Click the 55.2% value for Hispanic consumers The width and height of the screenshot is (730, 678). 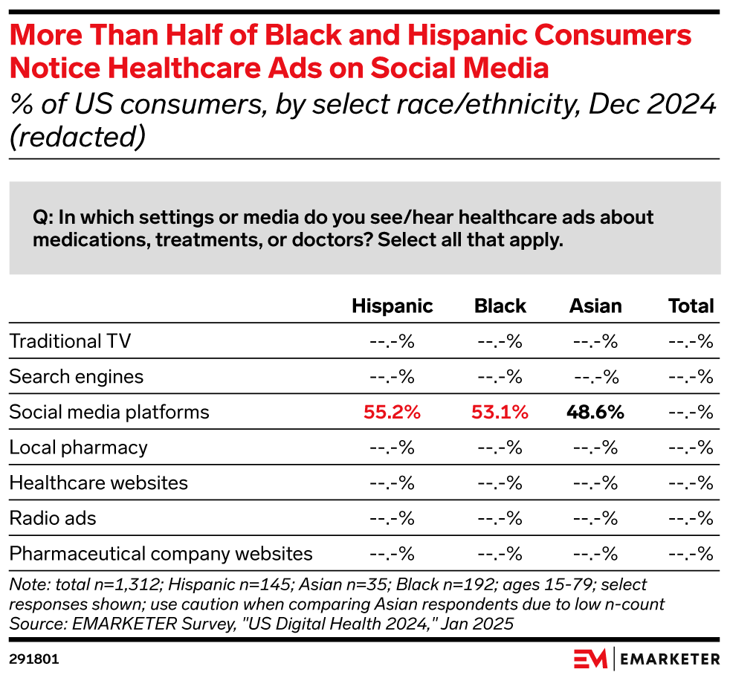tap(393, 413)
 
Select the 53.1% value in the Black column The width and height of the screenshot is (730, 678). tap(500, 413)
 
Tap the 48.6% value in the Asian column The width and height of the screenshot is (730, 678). tap(595, 413)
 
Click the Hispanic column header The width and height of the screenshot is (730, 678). tap(393, 306)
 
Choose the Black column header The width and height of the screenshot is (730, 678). tap(500, 306)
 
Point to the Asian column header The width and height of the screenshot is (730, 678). tap(595, 306)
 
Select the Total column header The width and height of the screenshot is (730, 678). tap(691, 306)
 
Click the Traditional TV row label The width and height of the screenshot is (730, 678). tap(70, 342)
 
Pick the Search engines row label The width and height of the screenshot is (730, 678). tap(76, 377)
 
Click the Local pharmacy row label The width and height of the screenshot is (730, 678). tap(78, 448)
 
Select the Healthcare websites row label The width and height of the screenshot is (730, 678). tap(98, 483)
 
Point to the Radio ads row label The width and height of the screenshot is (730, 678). tap(53, 518)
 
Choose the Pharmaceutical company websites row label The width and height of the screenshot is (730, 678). tap(161, 554)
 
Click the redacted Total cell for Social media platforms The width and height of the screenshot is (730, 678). tap(691, 413)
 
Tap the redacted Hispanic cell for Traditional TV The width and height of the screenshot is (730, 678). tap(393, 342)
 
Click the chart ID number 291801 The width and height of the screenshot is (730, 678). tap(34, 659)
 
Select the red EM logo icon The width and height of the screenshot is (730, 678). tap(590, 659)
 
